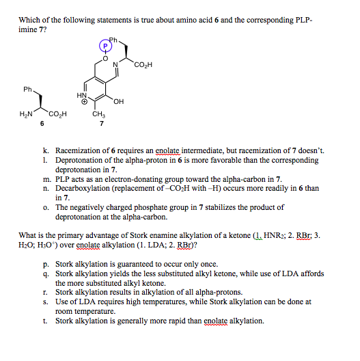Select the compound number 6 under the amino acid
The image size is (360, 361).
(x=42, y=123)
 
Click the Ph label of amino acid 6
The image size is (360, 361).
(x=27, y=90)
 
